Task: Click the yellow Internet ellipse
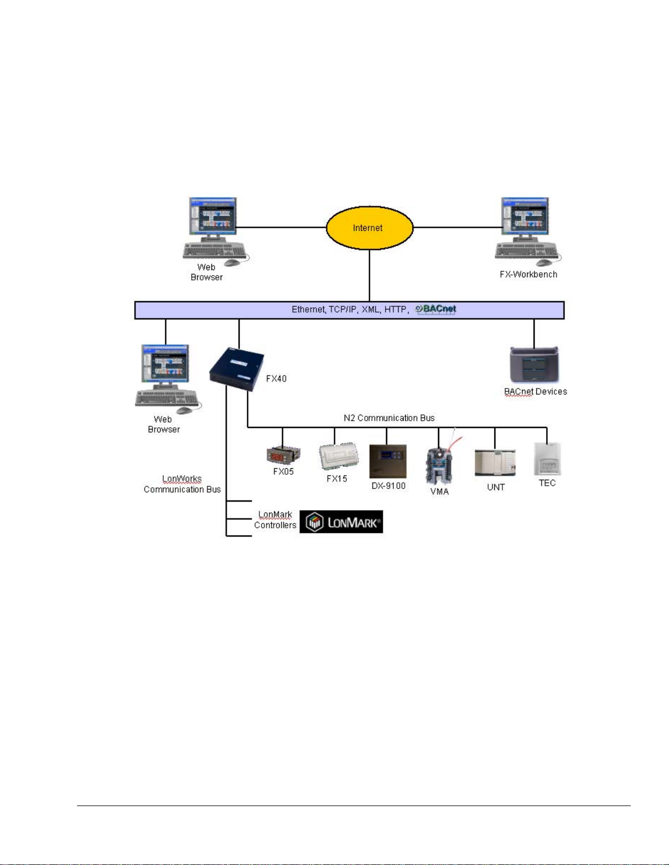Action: (369, 228)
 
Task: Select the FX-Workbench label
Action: (528, 275)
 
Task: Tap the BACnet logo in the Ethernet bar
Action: (436, 309)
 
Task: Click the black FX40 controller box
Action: (236, 369)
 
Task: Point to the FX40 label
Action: (276, 378)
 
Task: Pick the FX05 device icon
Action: (283, 455)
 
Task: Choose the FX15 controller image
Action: (339, 456)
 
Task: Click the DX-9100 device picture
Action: (388, 461)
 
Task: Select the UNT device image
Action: (495, 463)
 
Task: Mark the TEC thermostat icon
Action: (547, 459)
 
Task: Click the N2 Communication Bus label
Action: (389, 418)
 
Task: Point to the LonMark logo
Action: (341, 522)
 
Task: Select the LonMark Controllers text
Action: (275, 520)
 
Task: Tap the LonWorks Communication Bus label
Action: (182, 484)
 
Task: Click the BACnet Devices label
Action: (535, 391)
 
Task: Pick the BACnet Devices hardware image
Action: (534, 365)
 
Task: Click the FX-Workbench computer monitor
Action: (525, 217)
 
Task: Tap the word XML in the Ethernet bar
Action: (370, 309)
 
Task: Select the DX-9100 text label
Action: (388, 486)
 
